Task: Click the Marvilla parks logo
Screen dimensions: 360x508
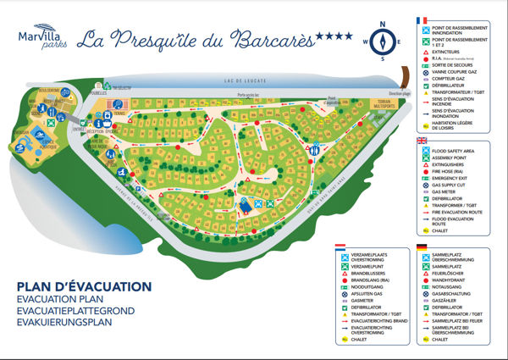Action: [37, 38]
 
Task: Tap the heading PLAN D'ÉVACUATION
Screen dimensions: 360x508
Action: [83, 286]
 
